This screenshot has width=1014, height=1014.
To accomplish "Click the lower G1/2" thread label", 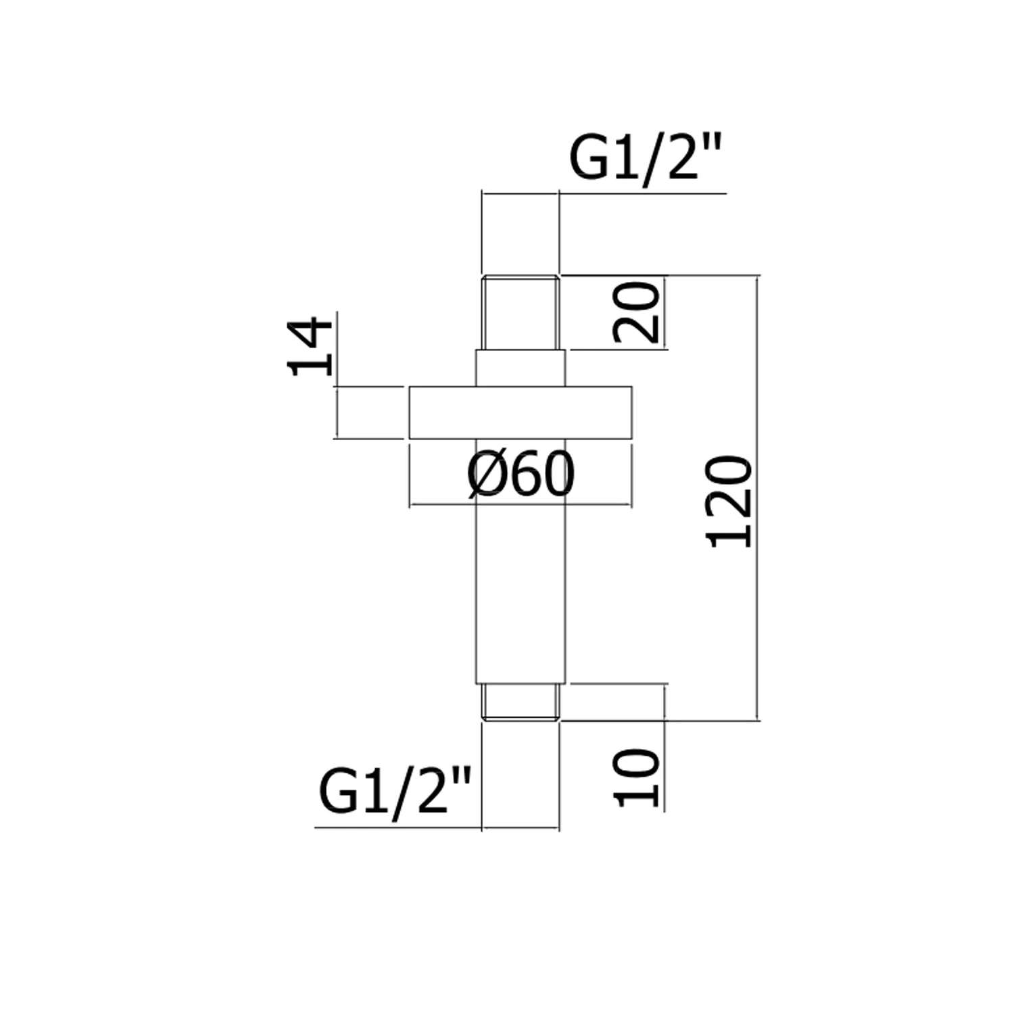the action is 394,792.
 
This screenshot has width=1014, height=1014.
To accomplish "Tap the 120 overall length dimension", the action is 729,501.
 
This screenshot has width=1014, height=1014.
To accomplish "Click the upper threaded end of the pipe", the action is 521,312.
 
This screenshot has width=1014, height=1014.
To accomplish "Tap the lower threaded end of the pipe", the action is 521,702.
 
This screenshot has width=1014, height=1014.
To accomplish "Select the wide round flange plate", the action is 521,412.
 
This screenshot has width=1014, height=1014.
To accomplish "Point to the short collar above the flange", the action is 521,368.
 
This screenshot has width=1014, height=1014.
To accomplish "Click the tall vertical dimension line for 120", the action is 757,498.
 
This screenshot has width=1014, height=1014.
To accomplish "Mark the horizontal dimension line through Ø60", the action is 521,504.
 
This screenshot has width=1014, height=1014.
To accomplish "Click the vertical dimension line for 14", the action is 336,375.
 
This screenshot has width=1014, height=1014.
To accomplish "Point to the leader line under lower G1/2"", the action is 437,827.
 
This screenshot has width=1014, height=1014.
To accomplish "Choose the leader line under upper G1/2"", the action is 604,193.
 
